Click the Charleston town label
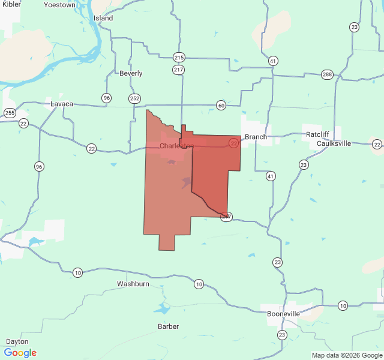176,146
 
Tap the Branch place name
256,137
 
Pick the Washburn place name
133,283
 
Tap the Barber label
168,326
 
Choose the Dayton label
17,341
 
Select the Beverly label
131,73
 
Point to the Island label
103,18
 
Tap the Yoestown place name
60,5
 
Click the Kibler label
11,4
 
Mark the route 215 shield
179,58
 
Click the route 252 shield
134,98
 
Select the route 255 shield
9,112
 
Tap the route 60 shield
221,106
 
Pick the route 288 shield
327,74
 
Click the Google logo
20,353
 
